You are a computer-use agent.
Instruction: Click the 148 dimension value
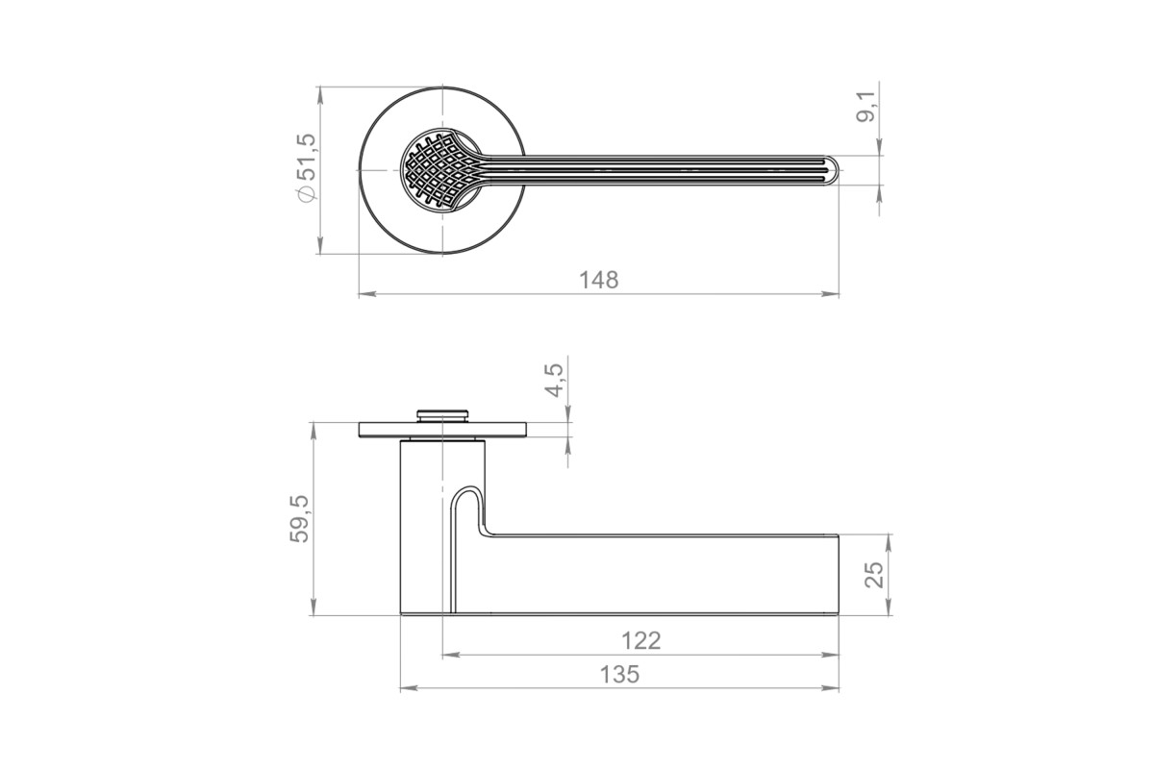pos(598,280)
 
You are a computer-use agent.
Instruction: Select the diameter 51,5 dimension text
pos(307,167)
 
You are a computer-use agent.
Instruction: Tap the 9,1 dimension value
pos(865,107)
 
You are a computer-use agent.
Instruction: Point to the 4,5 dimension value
pos(554,381)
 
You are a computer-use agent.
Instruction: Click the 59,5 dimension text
pos(299,519)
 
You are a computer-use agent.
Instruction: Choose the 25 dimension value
pos(874,574)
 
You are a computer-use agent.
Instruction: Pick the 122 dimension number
pos(640,641)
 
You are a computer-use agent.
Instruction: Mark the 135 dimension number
pos(619,675)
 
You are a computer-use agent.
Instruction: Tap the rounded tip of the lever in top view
pos(833,170)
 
